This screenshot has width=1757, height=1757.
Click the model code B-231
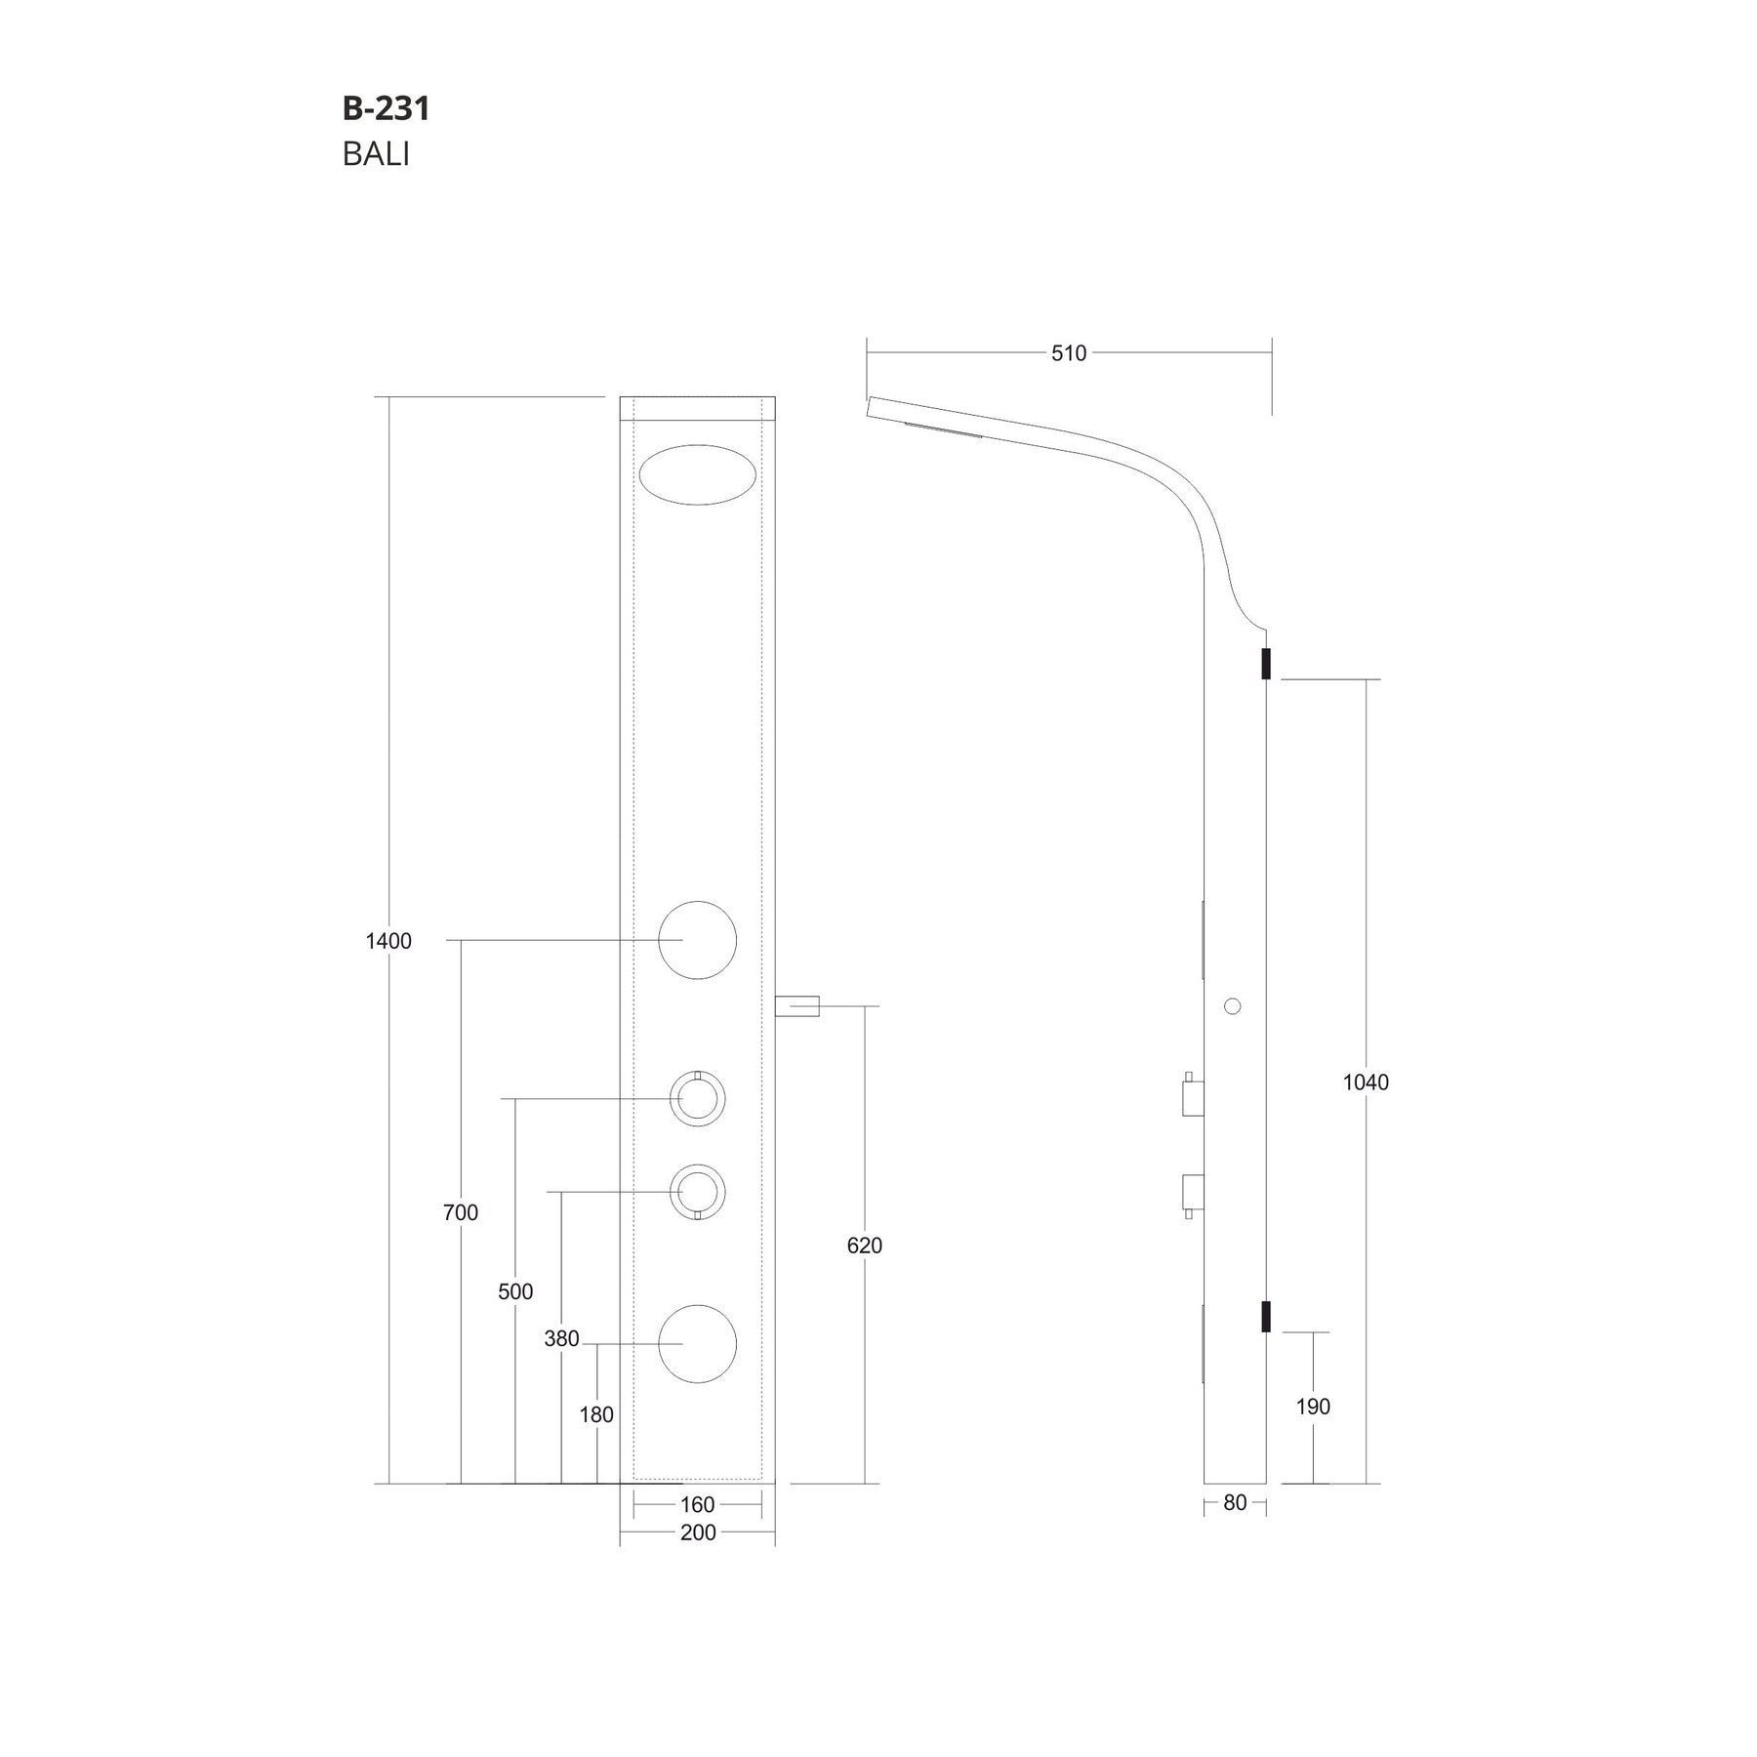386,108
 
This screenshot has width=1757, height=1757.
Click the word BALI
376,155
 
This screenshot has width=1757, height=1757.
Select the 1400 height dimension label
388,941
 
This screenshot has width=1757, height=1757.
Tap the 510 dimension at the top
1068,353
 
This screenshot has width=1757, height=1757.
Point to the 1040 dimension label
1365,1082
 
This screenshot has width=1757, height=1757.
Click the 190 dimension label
1313,1407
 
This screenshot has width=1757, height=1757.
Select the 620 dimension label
864,1246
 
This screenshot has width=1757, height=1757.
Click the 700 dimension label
461,1212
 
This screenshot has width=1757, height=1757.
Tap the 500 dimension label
515,1291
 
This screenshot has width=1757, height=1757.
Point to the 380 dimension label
562,1339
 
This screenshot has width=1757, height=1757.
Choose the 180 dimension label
596,1414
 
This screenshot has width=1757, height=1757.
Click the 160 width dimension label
697,1504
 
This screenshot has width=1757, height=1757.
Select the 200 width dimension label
697,1532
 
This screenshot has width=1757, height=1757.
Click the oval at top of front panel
697,474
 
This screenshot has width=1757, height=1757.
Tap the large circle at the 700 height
697,940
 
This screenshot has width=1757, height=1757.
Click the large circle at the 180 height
697,1344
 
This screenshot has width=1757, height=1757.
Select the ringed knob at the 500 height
697,1099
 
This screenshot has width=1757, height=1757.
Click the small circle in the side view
1232,1005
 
